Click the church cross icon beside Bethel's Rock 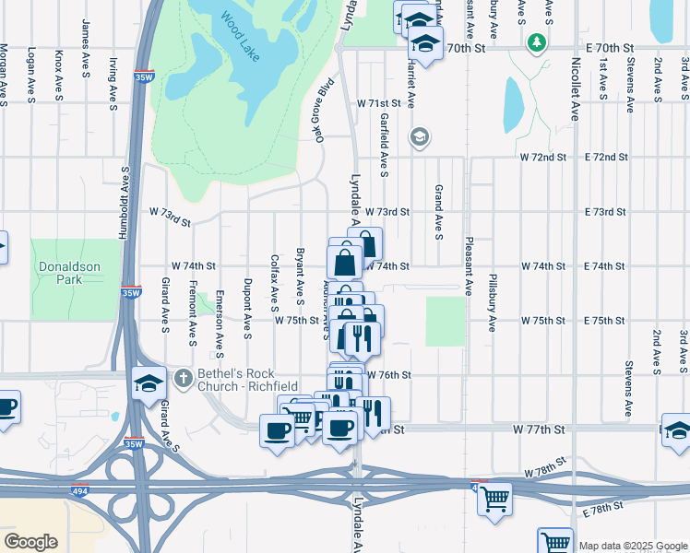tap(184, 376)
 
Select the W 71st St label tap(380, 102)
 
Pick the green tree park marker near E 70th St tap(535, 42)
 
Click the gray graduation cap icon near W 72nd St tap(420, 138)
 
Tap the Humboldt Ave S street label tap(122, 203)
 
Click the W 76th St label tap(388, 375)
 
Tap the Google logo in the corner tap(30, 541)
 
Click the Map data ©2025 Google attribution tap(632, 547)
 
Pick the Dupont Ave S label tap(247, 308)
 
